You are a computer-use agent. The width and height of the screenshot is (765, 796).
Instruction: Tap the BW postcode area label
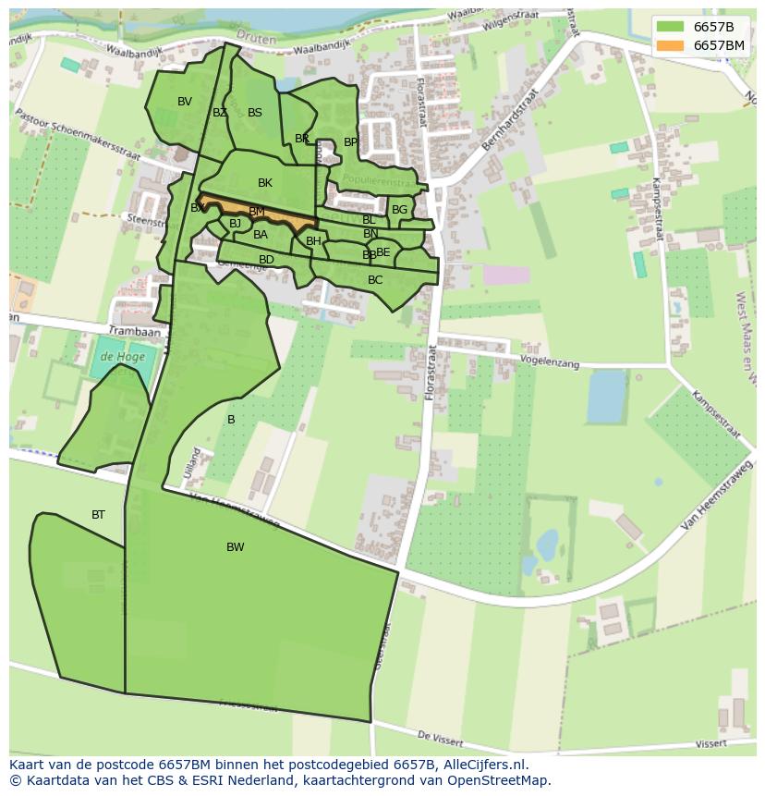click(236, 547)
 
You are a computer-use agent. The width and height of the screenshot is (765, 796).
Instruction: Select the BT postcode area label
click(98, 515)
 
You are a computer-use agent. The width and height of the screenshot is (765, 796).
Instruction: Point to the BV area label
click(185, 102)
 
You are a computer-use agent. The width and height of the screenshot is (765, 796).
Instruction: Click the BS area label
click(255, 113)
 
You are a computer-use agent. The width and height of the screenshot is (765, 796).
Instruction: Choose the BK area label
click(265, 183)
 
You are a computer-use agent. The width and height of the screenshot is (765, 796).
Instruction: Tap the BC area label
click(375, 280)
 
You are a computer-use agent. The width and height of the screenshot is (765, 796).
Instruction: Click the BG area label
click(399, 210)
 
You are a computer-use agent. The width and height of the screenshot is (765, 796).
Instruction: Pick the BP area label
click(350, 142)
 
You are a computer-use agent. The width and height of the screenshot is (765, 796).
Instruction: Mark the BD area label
click(266, 260)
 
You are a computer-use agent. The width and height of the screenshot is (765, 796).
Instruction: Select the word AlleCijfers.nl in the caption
click(494, 765)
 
